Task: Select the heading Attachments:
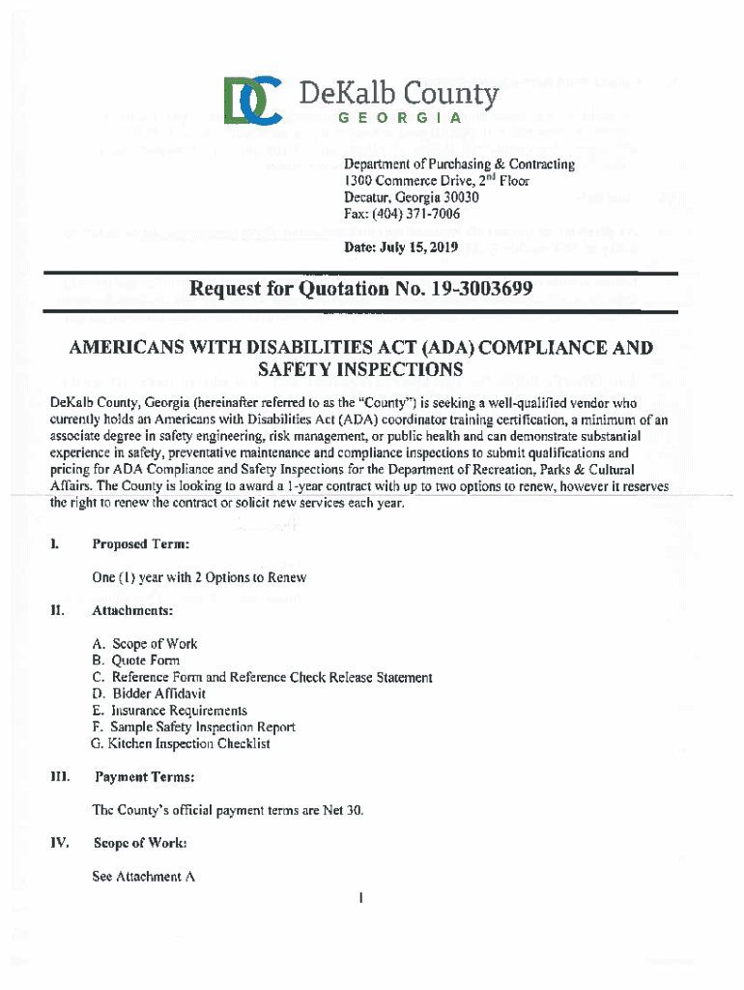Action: tap(132, 611)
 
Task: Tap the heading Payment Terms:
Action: tap(145, 776)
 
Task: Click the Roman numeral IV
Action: tap(59, 843)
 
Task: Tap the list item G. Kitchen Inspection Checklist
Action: tap(181, 743)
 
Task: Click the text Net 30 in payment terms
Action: tap(347, 809)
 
